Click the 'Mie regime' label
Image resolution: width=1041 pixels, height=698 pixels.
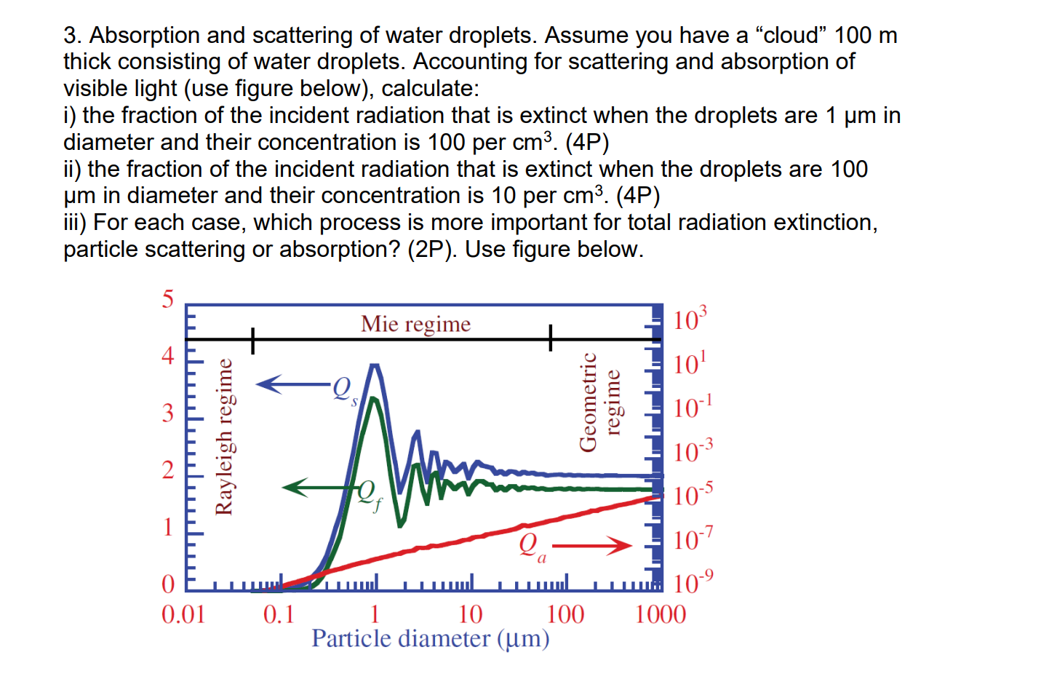pos(415,324)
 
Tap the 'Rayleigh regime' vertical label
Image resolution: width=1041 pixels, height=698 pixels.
pos(225,437)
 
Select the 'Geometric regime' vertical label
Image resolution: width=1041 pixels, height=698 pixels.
pos(600,402)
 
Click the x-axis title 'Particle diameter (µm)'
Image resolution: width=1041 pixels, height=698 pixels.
pos(430,638)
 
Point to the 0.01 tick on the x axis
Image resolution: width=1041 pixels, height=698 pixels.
pos(183,614)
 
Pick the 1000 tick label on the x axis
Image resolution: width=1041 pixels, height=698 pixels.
pos(660,614)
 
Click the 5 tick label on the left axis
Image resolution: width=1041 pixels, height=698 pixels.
pos(168,299)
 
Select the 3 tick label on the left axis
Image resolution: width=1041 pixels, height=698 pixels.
pos(168,413)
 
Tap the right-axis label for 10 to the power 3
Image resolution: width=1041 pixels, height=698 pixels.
pos(690,320)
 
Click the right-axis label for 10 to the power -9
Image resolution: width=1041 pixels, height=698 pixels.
pos(693,583)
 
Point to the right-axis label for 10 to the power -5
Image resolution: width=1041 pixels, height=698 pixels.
pos(693,495)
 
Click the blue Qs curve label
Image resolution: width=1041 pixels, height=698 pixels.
pos(344,389)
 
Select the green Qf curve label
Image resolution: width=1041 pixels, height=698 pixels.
pos(369,494)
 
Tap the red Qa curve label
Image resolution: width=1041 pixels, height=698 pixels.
pos(533,546)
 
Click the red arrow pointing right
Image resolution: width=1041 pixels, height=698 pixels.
pos(592,545)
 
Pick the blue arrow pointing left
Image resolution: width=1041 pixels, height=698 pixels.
pos(291,384)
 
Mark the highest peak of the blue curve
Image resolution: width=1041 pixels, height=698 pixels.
pos(375,365)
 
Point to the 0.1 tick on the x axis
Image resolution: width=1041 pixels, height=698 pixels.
pos(279,614)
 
